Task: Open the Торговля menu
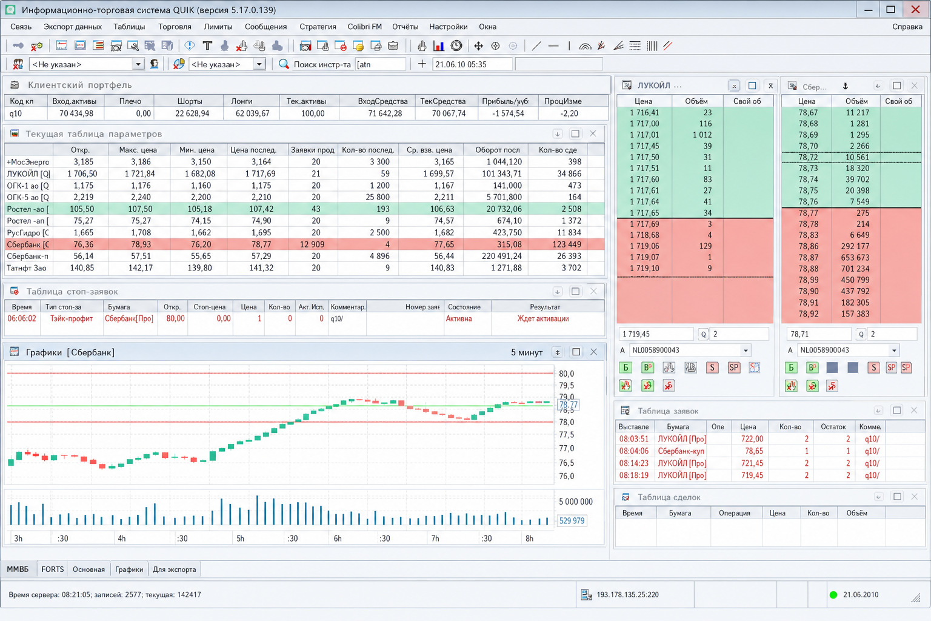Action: (x=175, y=27)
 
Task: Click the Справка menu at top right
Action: (x=907, y=27)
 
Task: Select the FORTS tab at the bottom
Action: (x=52, y=569)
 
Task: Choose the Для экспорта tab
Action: (x=174, y=569)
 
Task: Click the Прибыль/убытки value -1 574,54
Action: (x=508, y=113)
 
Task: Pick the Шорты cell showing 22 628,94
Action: (x=192, y=113)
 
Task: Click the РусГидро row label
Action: (x=27, y=232)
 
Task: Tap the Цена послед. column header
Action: (x=253, y=150)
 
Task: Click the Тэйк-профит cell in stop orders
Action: (x=71, y=318)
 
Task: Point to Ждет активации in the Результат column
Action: (x=543, y=318)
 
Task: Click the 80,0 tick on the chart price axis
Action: (x=567, y=374)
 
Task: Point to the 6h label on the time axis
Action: (x=338, y=539)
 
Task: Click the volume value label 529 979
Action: (x=572, y=520)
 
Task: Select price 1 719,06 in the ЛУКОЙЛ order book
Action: (x=645, y=246)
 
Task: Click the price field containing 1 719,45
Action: (x=656, y=334)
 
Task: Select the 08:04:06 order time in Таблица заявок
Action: (x=633, y=451)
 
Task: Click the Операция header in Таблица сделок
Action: (x=734, y=513)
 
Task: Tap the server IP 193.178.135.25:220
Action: (x=627, y=594)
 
